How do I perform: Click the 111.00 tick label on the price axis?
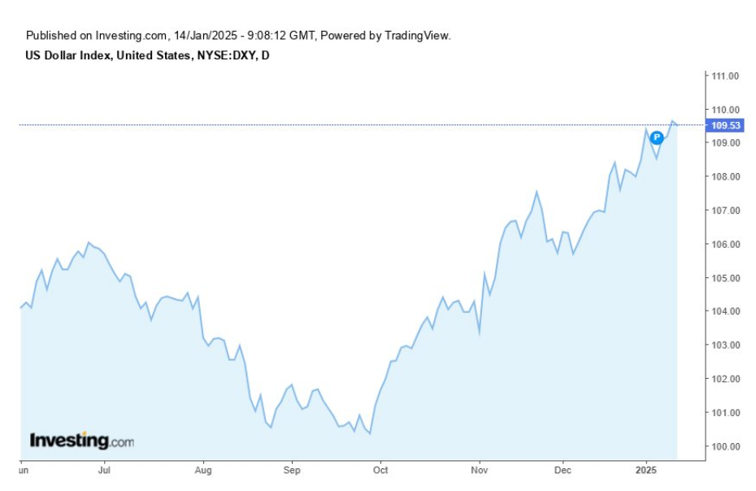coord(725,76)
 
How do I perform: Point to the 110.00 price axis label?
coord(725,110)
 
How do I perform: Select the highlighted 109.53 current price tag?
coord(725,125)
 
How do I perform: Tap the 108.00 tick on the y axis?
coord(725,177)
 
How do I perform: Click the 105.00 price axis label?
coord(725,278)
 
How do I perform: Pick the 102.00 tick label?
coord(725,379)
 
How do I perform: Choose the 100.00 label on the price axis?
coord(725,446)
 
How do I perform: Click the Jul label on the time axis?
coord(103,470)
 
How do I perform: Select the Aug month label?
coord(203,470)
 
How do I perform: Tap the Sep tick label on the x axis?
coord(292,470)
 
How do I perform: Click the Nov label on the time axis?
coord(480,470)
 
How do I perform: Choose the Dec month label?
coord(563,470)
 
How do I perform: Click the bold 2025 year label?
coord(646,470)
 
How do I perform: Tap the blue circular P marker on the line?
coord(657,138)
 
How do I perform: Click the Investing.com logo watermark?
coord(81,441)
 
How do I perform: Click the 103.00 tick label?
coord(725,345)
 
